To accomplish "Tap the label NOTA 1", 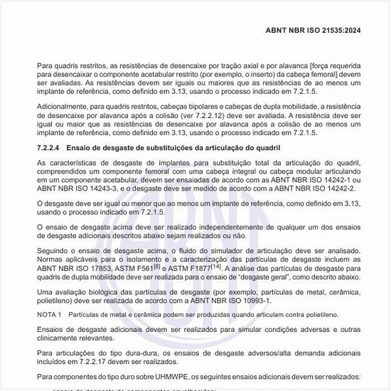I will tap(52, 314).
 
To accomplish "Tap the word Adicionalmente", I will tap(65, 107).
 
